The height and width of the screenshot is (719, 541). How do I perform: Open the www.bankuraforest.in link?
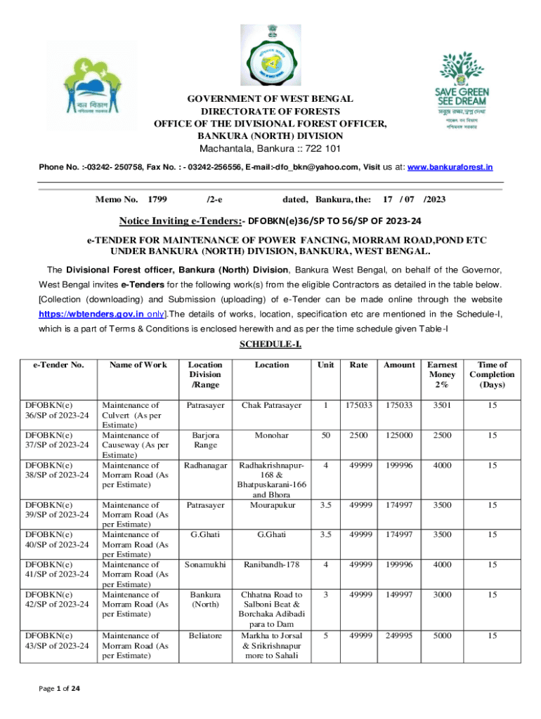[x=450, y=167]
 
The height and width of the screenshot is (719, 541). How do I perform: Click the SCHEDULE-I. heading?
[x=270, y=344]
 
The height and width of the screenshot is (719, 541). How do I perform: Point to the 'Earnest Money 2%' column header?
[x=442, y=374]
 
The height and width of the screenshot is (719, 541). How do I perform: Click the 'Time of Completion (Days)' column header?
[x=493, y=374]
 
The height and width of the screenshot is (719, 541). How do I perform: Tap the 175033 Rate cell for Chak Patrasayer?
[x=359, y=405]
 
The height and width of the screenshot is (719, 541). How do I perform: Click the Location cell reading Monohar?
[x=272, y=435]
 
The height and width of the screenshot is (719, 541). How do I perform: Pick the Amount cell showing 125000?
[x=399, y=435]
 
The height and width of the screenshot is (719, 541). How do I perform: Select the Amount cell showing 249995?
[x=399, y=636]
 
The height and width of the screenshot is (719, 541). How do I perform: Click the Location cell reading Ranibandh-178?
[x=272, y=564]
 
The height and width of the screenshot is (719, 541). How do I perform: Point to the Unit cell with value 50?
[x=325, y=435]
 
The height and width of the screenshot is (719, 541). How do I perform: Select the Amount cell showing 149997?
[x=399, y=595]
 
